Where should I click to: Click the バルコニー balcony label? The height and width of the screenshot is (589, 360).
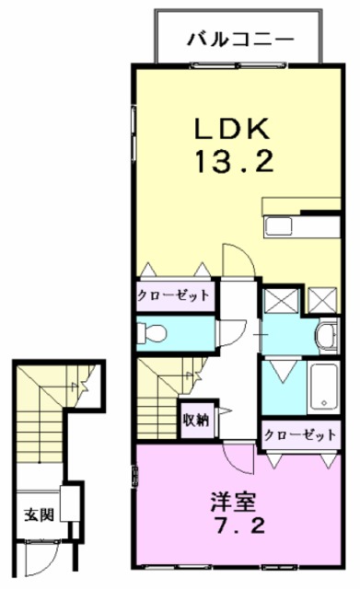pyautogui.click(x=239, y=39)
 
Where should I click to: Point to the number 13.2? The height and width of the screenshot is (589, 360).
pyautogui.click(x=234, y=163)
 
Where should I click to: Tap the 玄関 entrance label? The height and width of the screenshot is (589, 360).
pyautogui.click(x=37, y=514)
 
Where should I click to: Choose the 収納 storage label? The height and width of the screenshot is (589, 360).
pyautogui.click(x=194, y=421)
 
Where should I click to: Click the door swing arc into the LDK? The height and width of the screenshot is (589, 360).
pyautogui.click(x=235, y=258)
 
